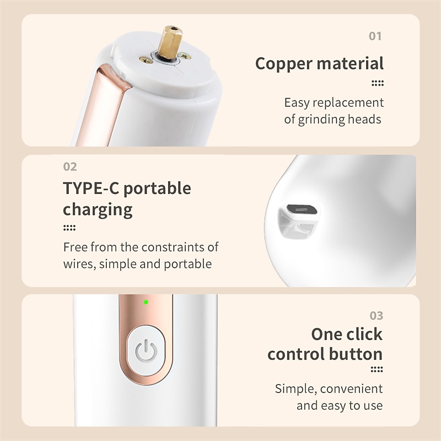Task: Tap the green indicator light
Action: click(x=146, y=302)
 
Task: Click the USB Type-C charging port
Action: click(x=302, y=209)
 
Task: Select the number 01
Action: click(x=375, y=36)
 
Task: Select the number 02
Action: click(x=70, y=167)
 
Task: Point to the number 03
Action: click(x=377, y=315)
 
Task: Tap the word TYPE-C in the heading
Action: click(x=90, y=188)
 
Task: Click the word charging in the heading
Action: click(x=98, y=210)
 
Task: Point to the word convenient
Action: click(x=351, y=389)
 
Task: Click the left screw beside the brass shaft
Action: click(x=146, y=60)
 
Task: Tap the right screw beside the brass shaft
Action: click(x=184, y=56)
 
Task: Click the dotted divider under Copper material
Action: click(x=378, y=83)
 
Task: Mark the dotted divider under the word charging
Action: click(x=69, y=228)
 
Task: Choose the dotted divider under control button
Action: click(x=377, y=369)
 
